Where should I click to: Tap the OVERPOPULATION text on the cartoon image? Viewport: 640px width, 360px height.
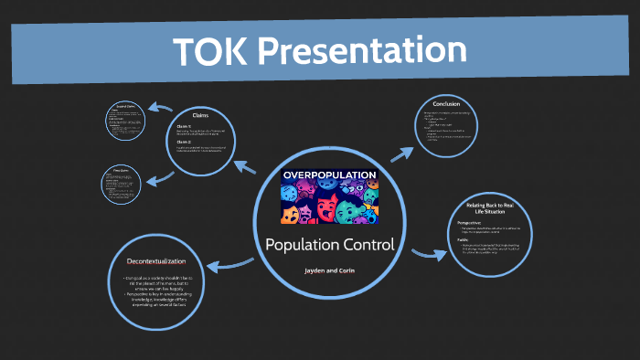[x=329, y=174]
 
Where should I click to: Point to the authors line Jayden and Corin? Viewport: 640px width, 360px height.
[x=330, y=271]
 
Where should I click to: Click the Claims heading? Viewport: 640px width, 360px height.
[x=201, y=114]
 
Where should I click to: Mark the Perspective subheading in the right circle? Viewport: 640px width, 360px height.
[x=472, y=224]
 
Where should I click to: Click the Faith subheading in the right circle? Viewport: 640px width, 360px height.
[x=464, y=239]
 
